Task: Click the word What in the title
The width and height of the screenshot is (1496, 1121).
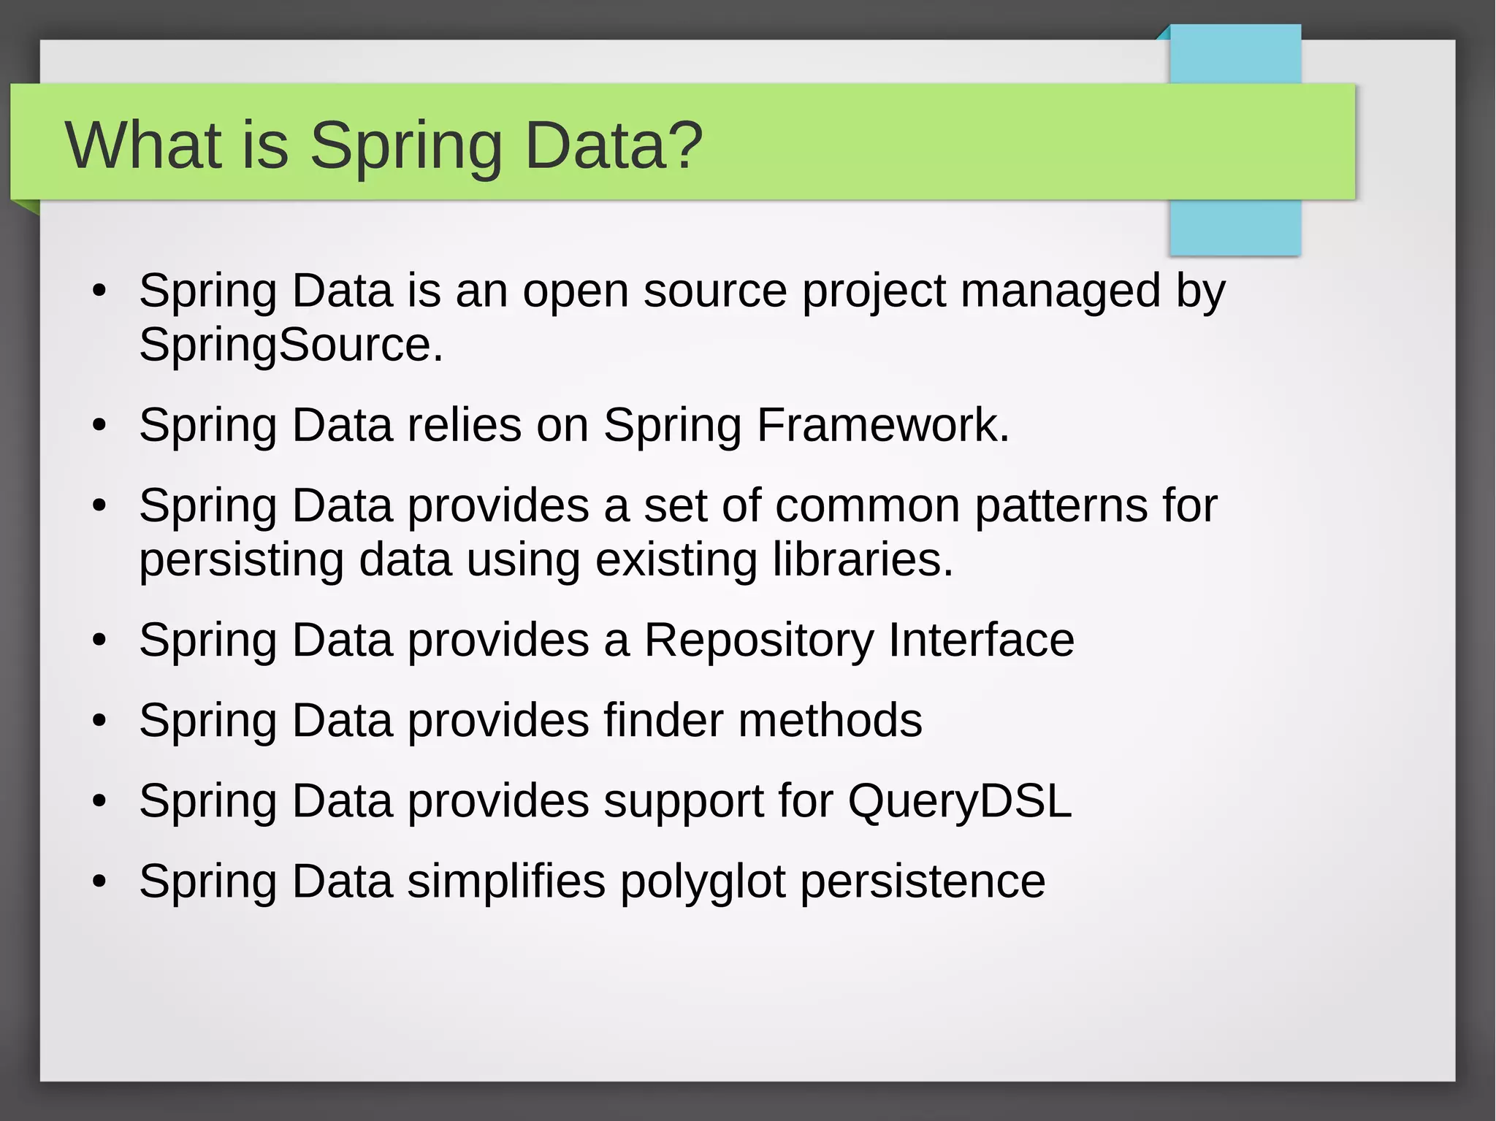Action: [143, 145]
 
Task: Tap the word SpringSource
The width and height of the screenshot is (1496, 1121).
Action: [290, 345]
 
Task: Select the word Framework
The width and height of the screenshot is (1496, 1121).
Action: [882, 425]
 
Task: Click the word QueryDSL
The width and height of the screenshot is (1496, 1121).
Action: [959, 802]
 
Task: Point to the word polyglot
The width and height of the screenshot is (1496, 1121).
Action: [702, 882]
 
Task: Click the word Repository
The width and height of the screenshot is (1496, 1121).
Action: [758, 641]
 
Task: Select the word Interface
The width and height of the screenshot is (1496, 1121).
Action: [981, 640]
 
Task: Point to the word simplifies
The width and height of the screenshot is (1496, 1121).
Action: [505, 881]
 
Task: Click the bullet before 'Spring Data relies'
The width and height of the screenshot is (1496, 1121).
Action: [100, 426]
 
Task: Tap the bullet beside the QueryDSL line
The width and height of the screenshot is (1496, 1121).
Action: [100, 802]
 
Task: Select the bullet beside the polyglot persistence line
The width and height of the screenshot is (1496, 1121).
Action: [100, 882]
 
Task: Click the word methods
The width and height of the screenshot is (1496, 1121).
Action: [830, 721]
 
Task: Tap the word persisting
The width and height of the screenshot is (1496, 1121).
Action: [241, 561]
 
